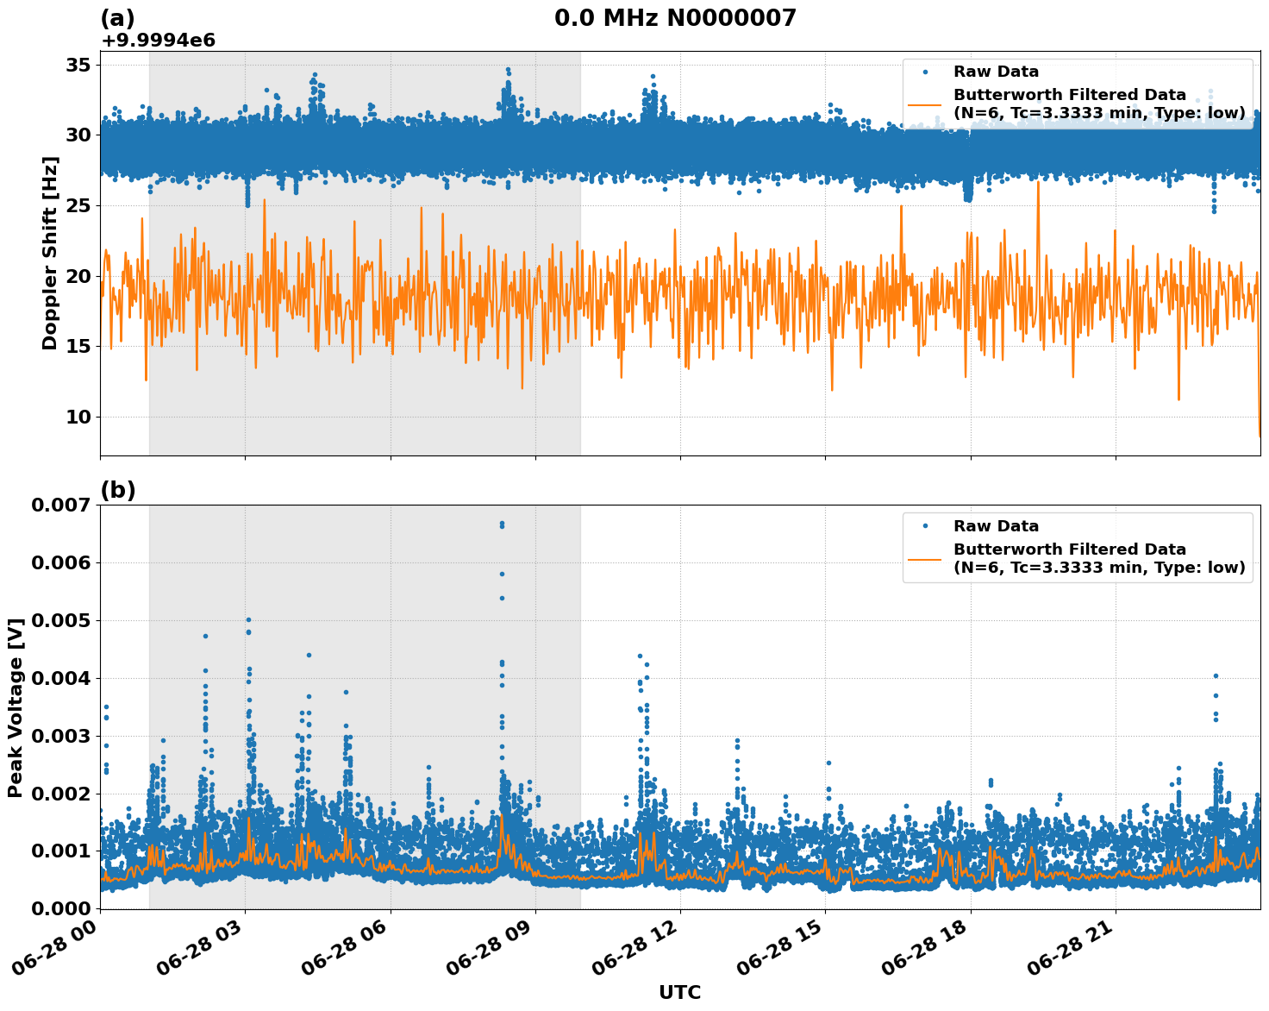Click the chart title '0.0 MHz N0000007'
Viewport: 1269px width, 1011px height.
tap(675, 18)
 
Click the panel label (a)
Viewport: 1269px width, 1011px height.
tap(117, 18)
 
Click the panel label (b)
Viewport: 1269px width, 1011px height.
tap(117, 490)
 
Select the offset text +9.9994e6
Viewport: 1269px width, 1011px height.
tap(158, 41)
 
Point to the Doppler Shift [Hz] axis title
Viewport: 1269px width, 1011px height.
tap(50, 253)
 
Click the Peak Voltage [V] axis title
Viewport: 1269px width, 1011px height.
tap(16, 706)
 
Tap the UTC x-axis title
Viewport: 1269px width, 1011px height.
tap(679, 992)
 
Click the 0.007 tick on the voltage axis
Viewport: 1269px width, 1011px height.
tap(61, 505)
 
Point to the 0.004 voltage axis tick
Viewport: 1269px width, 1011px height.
tap(61, 678)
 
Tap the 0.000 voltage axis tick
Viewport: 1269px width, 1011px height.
tap(61, 908)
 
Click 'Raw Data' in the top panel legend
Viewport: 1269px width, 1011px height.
tap(996, 72)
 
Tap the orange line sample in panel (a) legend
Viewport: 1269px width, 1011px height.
tap(926, 104)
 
